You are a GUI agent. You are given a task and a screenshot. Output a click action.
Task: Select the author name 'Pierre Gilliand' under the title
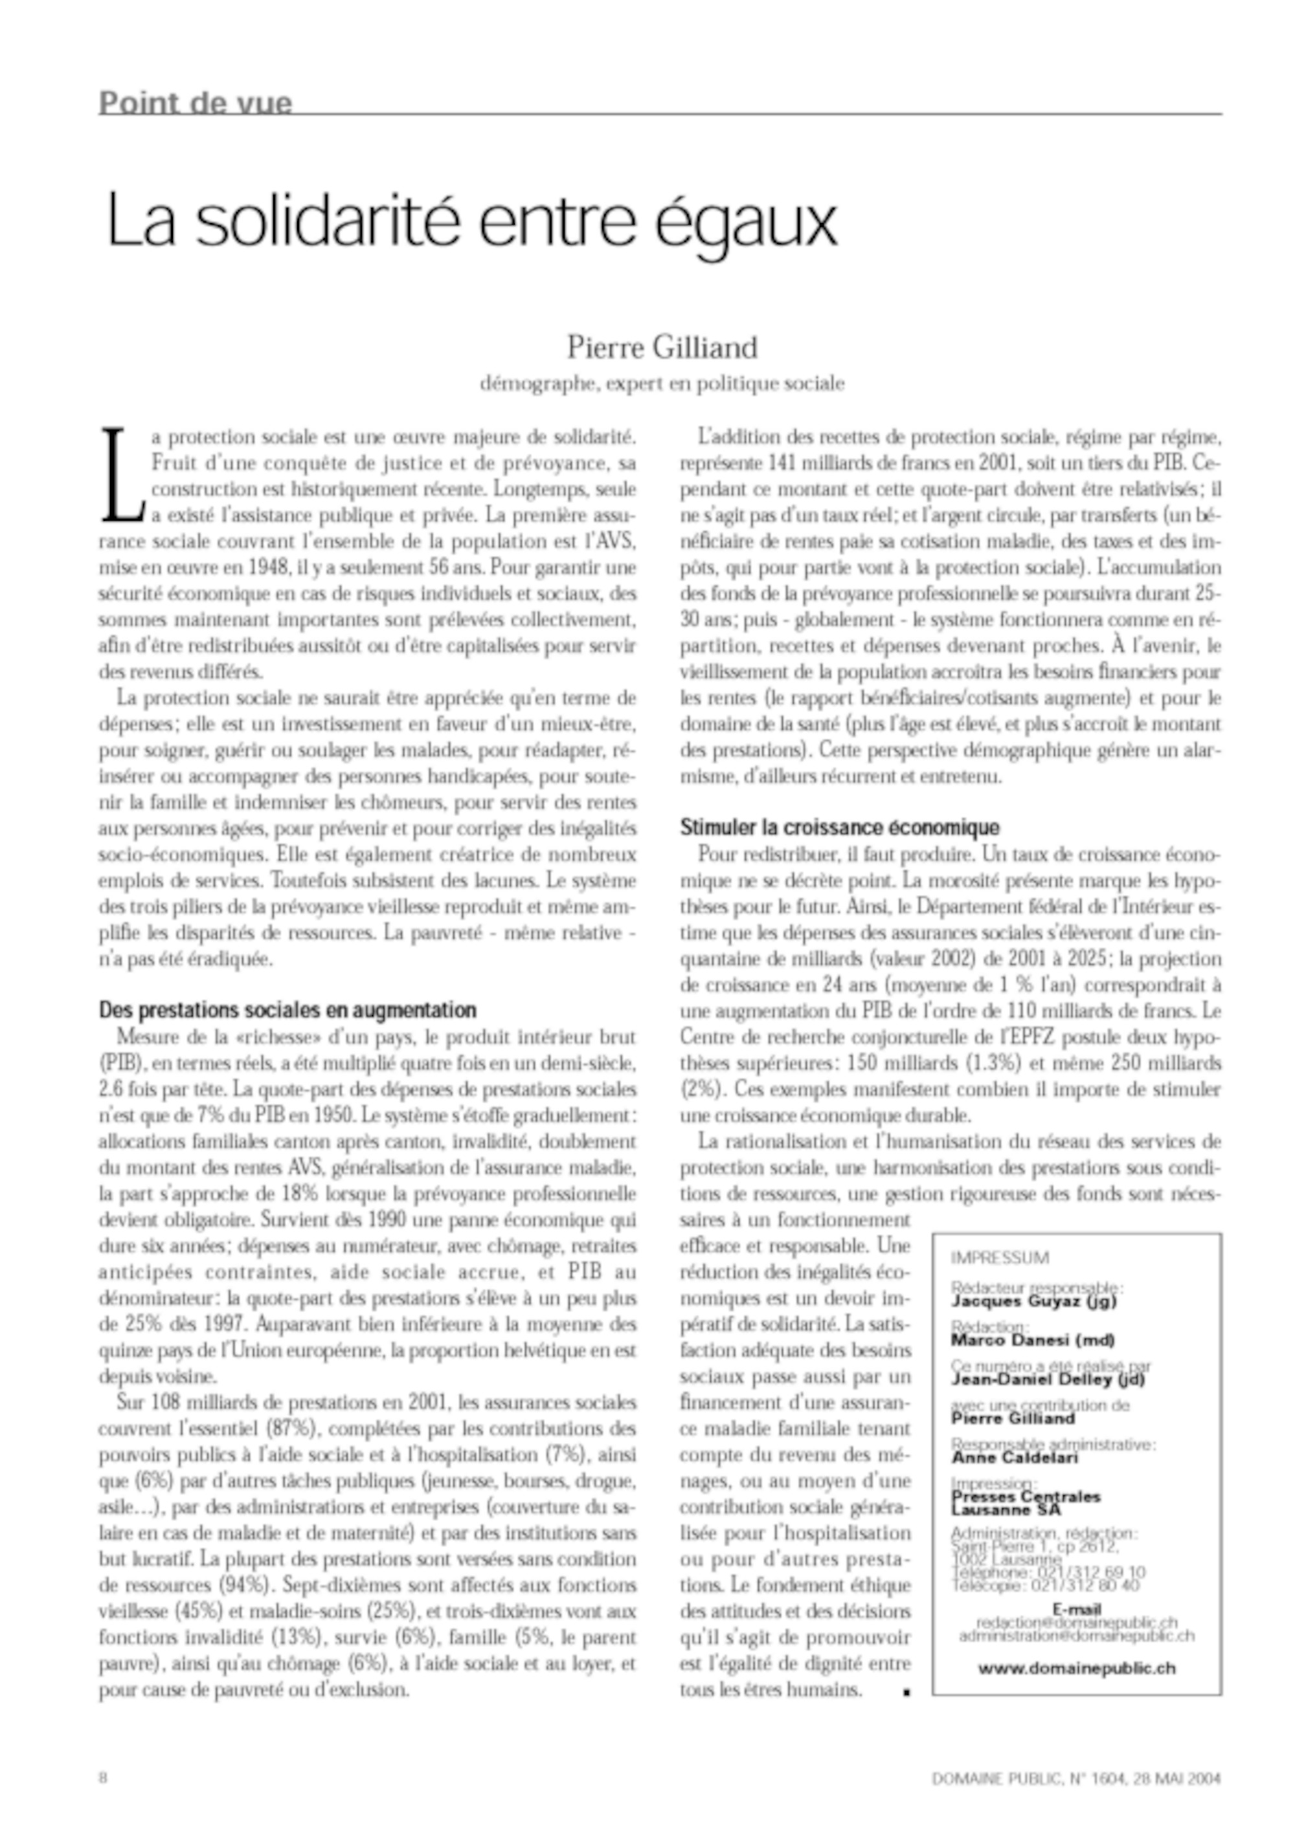662,347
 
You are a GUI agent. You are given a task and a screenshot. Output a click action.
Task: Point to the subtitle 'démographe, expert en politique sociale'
662,384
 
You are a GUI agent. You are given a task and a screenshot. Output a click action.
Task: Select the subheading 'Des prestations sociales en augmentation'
287,1011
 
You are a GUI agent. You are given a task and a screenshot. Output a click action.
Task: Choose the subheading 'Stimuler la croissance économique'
839,827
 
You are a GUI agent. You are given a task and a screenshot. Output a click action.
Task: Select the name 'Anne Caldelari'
1014,1458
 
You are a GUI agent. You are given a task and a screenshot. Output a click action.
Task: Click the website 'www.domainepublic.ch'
1076,1667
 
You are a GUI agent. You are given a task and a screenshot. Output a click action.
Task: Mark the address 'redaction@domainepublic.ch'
1076,1623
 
